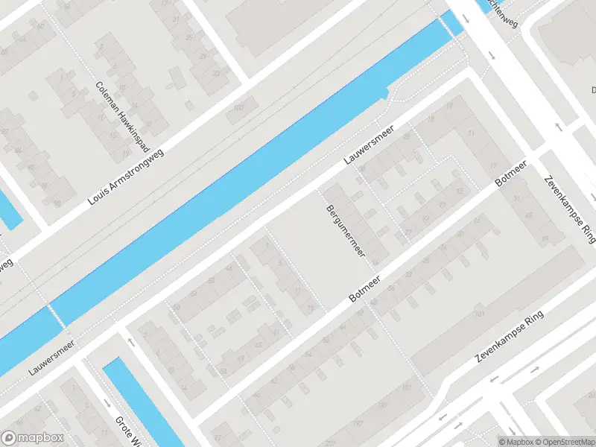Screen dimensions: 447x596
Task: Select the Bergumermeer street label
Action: coord(346,232)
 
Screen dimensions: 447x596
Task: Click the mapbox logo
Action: coord(32,438)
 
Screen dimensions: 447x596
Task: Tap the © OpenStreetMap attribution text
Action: coord(563,442)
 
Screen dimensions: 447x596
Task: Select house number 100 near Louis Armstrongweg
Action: coord(238,109)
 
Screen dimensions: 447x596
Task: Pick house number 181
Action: coord(406,388)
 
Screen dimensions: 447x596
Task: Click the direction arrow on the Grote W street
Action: coord(131,343)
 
